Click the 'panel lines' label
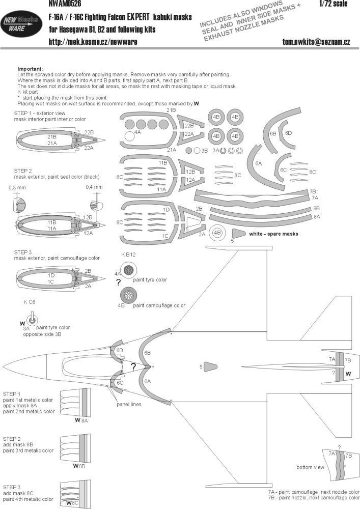(128, 404)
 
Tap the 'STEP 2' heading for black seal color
(23, 172)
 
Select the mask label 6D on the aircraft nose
(120, 351)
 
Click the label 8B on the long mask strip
(317, 209)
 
